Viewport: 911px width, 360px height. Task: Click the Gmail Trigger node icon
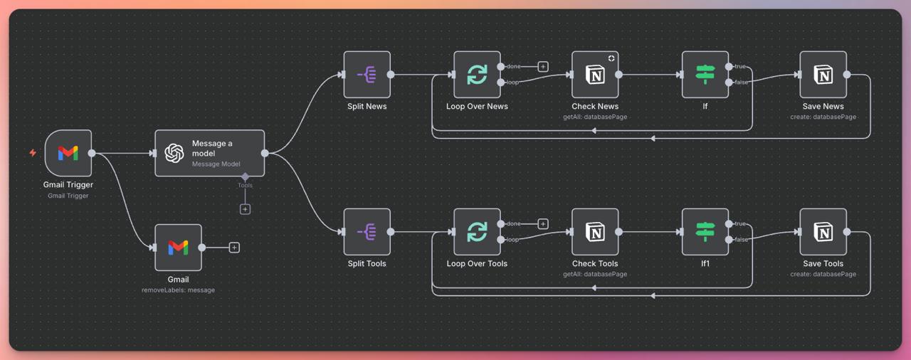tap(68, 153)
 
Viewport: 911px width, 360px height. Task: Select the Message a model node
tap(209, 153)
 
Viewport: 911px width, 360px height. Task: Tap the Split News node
tap(367, 75)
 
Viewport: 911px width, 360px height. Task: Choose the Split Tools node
tap(367, 232)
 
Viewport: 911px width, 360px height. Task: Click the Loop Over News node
tap(477, 75)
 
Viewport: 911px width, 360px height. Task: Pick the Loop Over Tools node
tap(477, 232)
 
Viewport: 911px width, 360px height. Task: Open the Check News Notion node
tap(595, 75)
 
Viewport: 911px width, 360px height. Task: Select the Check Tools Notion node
tap(595, 232)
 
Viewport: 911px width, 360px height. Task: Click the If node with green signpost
tap(705, 75)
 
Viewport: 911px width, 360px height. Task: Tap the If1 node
tap(705, 232)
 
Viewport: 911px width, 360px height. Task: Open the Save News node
tap(823, 75)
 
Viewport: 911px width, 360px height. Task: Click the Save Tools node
tap(823, 232)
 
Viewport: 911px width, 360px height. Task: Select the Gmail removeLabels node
tap(178, 248)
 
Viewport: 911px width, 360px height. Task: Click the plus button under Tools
tap(245, 209)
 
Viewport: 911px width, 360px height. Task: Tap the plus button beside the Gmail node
tap(234, 248)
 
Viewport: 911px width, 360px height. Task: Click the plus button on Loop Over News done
tap(543, 67)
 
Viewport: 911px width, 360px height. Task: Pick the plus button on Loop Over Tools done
tap(543, 224)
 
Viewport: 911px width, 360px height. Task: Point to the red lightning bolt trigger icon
tap(33, 153)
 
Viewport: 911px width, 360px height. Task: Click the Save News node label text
tap(823, 107)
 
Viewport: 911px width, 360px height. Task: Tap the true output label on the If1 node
tap(740, 224)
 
